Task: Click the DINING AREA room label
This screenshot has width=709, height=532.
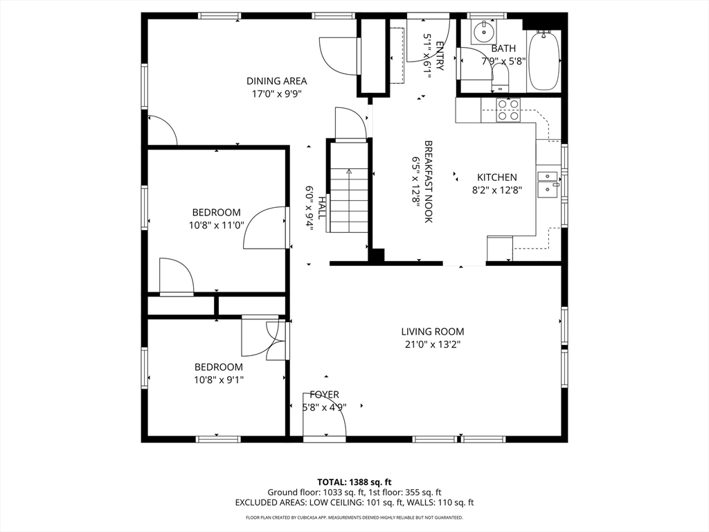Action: pos(276,81)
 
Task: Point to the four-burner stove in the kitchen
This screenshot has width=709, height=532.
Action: pos(508,110)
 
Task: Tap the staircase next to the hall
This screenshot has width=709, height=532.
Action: pos(349,199)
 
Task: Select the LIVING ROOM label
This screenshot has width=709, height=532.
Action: pos(432,332)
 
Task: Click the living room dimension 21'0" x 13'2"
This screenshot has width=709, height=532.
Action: pos(432,345)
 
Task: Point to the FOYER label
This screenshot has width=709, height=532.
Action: pos(324,394)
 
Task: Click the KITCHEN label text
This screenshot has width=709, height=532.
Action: pos(497,177)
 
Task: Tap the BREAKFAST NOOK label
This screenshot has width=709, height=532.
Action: pos(429,181)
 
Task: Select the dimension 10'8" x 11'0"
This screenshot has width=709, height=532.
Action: pos(217,225)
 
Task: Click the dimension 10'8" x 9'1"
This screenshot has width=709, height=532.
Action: pos(219,380)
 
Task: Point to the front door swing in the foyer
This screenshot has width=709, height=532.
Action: pos(324,415)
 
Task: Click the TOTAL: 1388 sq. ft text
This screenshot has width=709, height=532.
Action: pos(354,482)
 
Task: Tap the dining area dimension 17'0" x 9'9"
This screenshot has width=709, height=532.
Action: pos(276,94)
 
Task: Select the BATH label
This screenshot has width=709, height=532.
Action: pos(503,48)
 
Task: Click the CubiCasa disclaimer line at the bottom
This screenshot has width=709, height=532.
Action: pos(354,517)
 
